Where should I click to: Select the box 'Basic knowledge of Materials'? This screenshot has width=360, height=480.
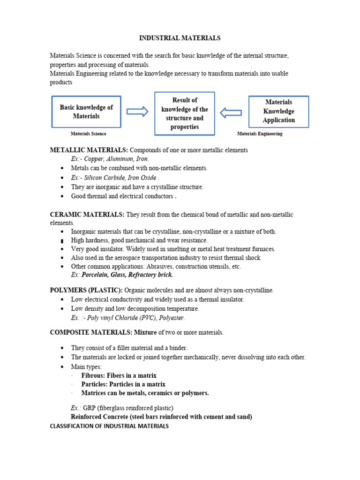point(86,112)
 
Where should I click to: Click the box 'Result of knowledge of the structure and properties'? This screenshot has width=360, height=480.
point(185,113)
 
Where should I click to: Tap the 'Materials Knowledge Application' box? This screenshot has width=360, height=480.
point(278,111)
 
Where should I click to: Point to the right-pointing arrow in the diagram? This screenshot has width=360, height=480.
point(137,111)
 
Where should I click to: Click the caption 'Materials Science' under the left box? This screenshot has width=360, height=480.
point(88,134)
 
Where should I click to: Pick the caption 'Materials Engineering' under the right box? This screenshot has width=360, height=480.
point(260,134)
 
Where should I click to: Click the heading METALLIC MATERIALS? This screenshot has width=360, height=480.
point(89,150)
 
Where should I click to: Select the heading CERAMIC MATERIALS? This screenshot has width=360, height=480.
point(87,214)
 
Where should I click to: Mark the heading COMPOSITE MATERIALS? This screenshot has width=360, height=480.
point(91,332)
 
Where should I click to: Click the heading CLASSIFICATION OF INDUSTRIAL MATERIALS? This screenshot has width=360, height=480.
point(109,426)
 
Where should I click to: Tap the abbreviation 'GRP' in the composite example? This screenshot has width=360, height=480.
point(90,408)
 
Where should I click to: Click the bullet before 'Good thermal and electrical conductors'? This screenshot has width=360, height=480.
point(62,196)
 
